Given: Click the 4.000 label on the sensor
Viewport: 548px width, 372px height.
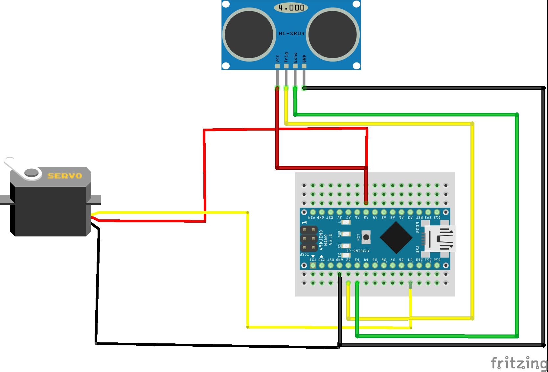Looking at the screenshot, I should (291, 8).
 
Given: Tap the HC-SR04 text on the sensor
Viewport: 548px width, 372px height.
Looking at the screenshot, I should (291, 34).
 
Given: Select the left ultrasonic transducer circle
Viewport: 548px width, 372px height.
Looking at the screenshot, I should (249, 34).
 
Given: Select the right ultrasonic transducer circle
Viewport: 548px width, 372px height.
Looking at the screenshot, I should (333, 34).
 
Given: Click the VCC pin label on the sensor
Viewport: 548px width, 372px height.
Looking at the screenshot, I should (278, 59).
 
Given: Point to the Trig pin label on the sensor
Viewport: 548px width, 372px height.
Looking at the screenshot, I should (286, 57).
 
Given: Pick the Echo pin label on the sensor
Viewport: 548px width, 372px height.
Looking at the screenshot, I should (295, 58).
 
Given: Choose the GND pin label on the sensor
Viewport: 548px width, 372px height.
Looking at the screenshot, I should (304, 59).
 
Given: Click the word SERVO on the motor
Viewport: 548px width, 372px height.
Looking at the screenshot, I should (65, 176).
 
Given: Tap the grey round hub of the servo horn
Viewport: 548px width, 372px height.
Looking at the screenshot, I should (32, 172).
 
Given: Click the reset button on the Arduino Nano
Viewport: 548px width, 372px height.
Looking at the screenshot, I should (366, 237).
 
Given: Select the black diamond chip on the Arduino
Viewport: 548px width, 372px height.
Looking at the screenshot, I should (396, 237).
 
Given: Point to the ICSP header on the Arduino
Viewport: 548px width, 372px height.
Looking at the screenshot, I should (308, 239).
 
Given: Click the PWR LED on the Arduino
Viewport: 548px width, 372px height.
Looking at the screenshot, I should (346, 234).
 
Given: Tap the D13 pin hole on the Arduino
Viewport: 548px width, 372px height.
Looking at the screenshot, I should (437, 212).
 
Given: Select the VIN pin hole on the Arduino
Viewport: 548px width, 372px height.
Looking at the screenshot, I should (313, 212).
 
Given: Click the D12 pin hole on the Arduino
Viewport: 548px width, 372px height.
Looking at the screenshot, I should (437, 265).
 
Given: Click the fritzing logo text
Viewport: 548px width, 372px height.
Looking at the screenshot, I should (518, 363).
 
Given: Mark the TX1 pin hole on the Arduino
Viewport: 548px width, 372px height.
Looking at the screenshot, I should (313, 265).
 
